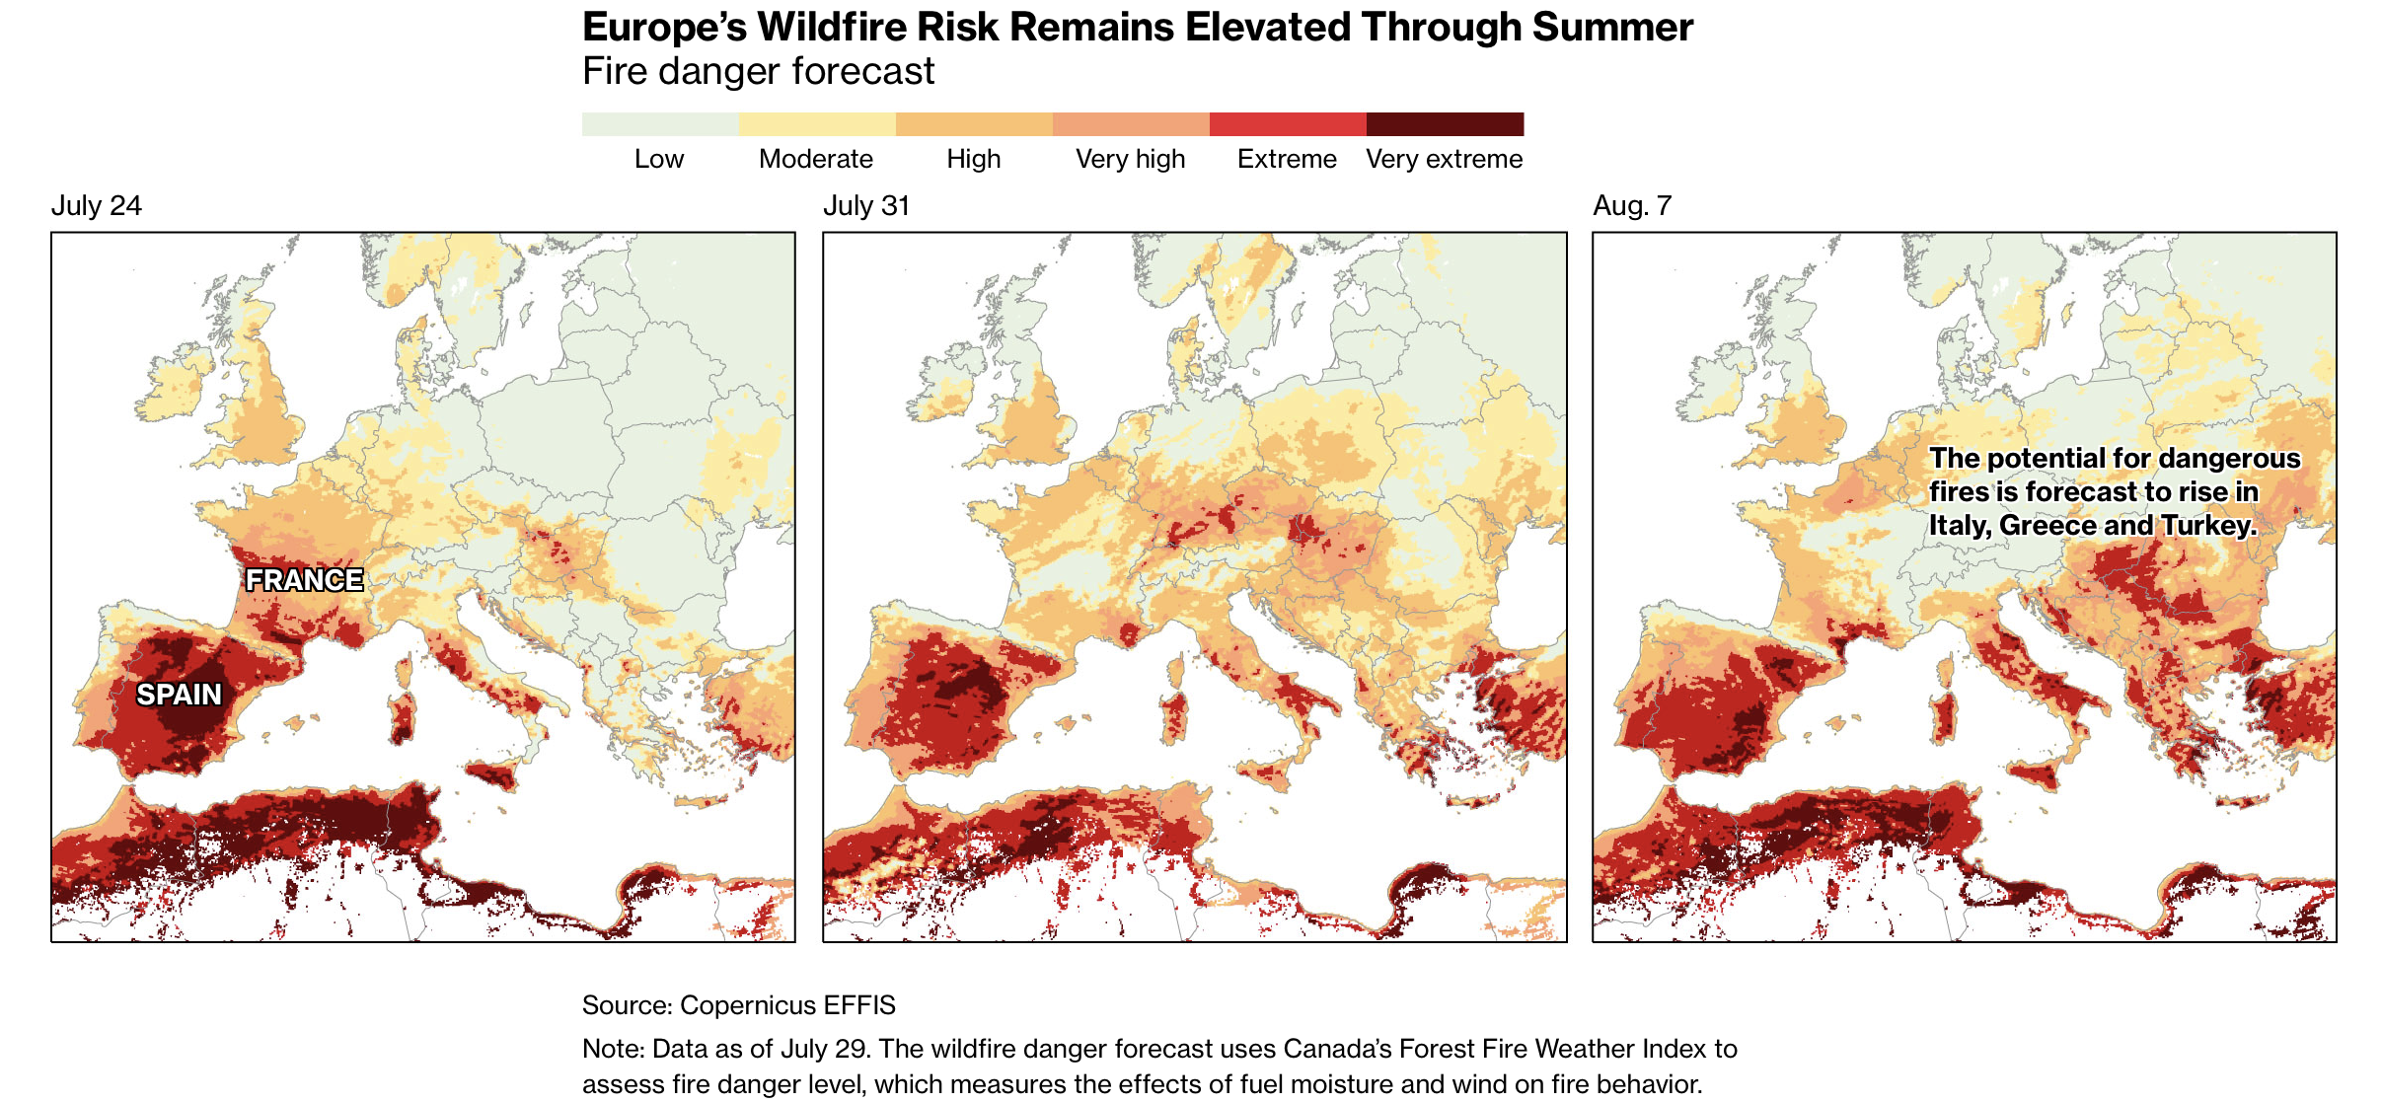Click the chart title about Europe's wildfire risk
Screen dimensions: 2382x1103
point(1138,28)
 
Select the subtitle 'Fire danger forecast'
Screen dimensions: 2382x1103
point(758,72)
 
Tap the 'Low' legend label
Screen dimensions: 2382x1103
point(659,159)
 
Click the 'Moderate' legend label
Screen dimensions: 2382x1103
point(816,159)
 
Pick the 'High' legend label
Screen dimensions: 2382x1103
point(974,159)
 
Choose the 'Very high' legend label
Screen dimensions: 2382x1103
point(1131,159)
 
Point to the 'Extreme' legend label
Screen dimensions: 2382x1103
point(1287,159)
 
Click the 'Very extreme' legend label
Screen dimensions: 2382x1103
point(1445,159)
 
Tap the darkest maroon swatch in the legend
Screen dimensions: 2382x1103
point(1445,124)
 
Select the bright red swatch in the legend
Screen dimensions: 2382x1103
point(1288,124)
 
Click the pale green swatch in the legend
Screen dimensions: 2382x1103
point(660,124)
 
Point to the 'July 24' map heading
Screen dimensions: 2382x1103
point(97,205)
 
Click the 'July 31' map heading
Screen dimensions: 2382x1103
point(866,205)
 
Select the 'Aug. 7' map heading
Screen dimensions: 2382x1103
point(1632,205)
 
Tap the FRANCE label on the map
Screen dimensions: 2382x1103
point(305,580)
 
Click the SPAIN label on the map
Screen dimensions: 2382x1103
point(179,695)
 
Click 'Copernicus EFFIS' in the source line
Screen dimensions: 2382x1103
point(787,1005)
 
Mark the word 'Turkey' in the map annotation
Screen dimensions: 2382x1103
point(2209,526)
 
